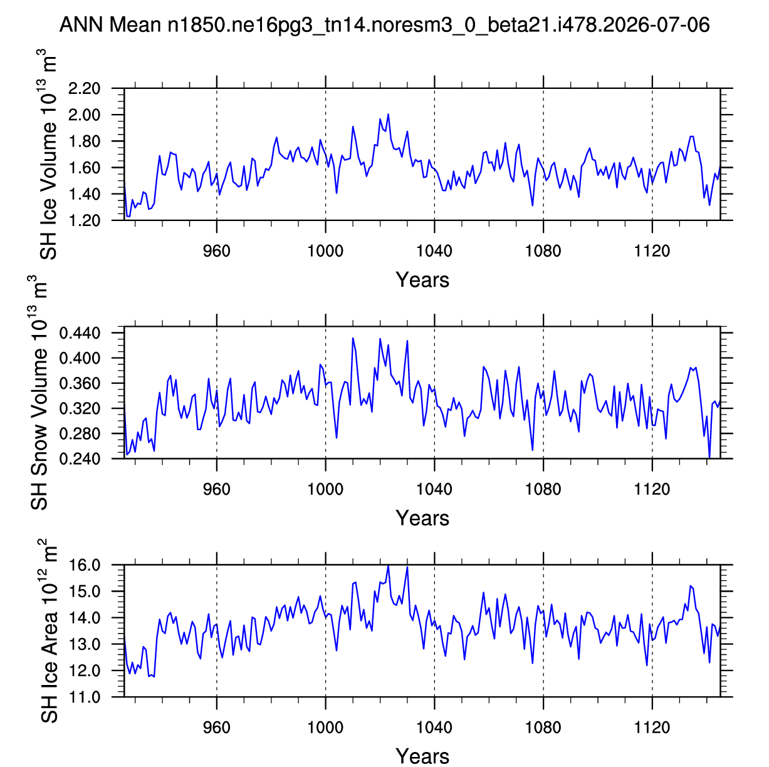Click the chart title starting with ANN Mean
click(x=384, y=24)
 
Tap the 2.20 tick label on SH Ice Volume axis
click(x=84, y=88)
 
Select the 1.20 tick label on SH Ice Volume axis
click(x=84, y=220)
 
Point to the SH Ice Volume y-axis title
click(x=47, y=155)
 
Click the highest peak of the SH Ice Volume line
click(x=388, y=115)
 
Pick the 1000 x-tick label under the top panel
click(x=325, y=251)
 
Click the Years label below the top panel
click(x=422, y=280)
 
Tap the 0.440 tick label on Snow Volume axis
click(x=79, y=332)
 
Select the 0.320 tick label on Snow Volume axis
click(x=79, y=408)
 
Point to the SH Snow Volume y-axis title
click(x=38, y=393)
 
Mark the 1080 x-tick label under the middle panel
click(x=543, y=489)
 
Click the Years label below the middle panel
click(x=422, y=518)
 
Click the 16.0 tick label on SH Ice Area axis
click(x=84, y=565)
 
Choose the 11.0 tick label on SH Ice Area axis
click(x=84, y=698)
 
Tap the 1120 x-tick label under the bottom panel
click(x=652, y=728)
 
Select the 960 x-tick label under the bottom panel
click(x=216, y=728)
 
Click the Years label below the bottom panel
click(x=422, y=756)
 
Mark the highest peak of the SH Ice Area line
click(x=388, y=565)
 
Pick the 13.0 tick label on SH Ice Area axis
click(x=84, y=644)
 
